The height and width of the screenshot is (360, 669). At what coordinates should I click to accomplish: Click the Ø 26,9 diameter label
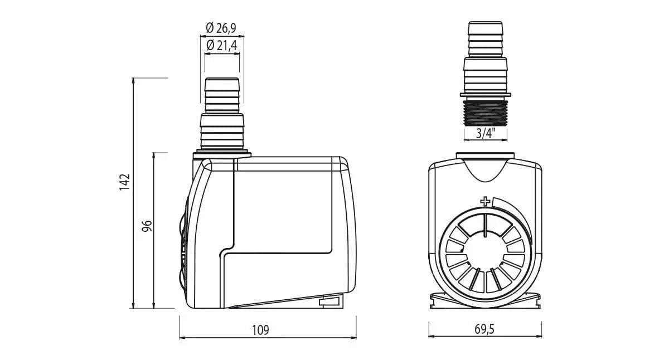coord(221,28)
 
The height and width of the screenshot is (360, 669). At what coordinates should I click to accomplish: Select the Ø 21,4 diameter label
coord(222,45)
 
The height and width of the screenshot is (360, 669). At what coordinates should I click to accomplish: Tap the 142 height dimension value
coord(124,182)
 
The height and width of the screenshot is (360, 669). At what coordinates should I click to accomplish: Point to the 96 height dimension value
coord(147,226)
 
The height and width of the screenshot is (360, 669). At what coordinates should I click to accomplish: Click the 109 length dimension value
coord(260,330)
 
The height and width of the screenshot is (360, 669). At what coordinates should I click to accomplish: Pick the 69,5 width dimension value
coord(484,329)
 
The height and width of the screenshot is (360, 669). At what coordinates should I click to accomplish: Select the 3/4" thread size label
coord(486,133)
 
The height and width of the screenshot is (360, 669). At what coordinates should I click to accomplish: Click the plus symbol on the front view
coord(485,202)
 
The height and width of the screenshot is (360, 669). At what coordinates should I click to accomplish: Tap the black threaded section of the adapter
coord(486,113)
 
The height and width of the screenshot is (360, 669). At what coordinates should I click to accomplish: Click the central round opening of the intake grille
coord(485,252)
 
